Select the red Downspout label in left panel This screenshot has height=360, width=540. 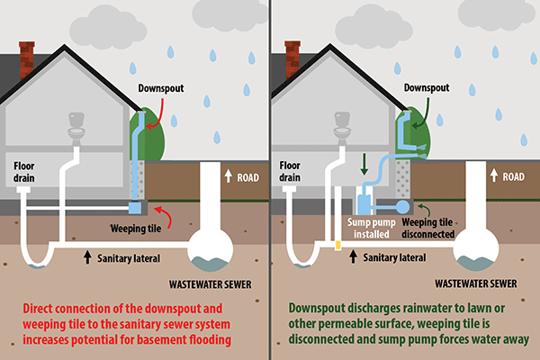[161, 88]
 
